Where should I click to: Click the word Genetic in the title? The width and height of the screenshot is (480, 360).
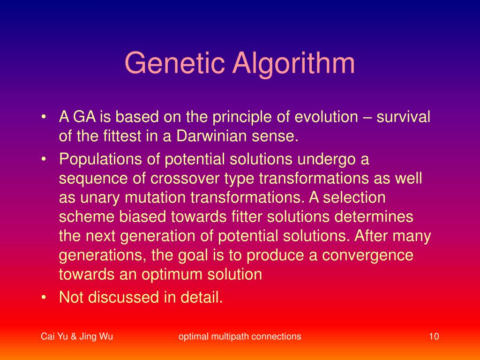(x=175, y=63)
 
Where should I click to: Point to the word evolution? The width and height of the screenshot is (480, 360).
(x=326, y=117)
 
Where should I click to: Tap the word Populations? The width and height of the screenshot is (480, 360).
(x=100, y=159)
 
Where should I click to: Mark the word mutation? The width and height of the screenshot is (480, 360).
(x=155, y=197)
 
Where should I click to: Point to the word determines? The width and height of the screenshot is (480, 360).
(x=374, y=217)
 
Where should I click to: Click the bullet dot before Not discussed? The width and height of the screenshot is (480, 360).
(x=44, y=297)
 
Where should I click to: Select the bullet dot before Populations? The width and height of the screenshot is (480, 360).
(x=44, y=159)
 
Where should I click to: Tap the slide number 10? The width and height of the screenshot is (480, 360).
(x=434, y=337)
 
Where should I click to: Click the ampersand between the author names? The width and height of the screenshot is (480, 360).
(x=74, y=337)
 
